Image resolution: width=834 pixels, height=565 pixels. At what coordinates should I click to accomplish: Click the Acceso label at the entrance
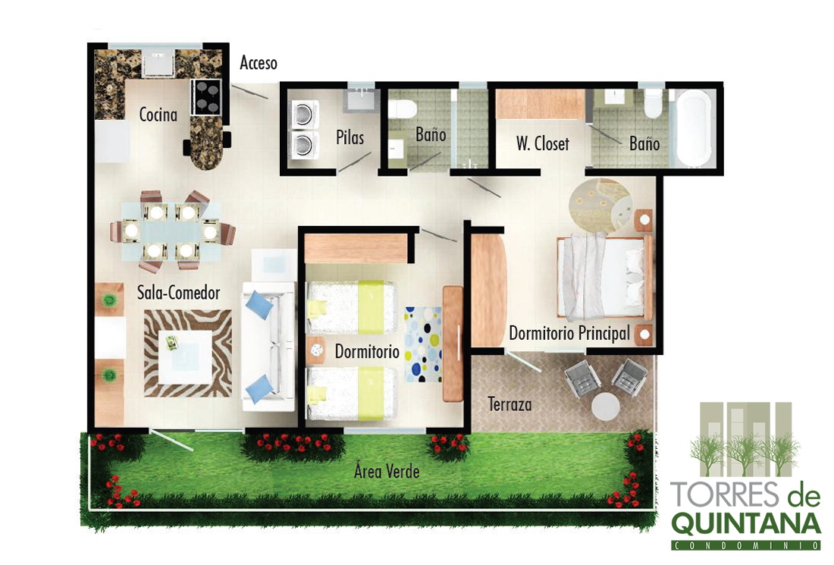click(x=259, y=63)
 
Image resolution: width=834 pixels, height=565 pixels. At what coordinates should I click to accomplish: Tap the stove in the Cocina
click(x=205, y=97)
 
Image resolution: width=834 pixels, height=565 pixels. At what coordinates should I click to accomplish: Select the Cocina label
click(x=158, y=114)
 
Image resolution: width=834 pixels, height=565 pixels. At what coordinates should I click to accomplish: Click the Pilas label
click(x=350, y=137)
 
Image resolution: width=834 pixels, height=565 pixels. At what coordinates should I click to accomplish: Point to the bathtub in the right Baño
click(x=694, y=128)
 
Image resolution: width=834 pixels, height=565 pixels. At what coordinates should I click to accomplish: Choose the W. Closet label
click(x=543, y=143)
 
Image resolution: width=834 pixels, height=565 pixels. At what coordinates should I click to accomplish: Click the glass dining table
click(x=171, y=231)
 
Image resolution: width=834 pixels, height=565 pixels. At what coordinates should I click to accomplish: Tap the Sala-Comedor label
click(x=179, y=292)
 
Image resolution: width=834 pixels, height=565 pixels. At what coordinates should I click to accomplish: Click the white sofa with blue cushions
click(x=268, y=347)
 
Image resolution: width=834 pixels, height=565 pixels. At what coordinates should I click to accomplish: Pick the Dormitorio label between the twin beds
click(x=367, y=351)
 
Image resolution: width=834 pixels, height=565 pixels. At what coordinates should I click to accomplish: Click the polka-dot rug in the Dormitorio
click(x=423, y=344)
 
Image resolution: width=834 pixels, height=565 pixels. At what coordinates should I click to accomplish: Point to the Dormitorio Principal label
click(x=569, y=333)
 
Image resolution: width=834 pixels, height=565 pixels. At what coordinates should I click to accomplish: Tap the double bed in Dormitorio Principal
click(x=605, y=278)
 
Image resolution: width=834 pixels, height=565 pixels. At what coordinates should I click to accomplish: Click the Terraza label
click(x=509, y=404)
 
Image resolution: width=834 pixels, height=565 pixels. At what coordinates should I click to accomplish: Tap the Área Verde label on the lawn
click(x=387, y=471)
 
